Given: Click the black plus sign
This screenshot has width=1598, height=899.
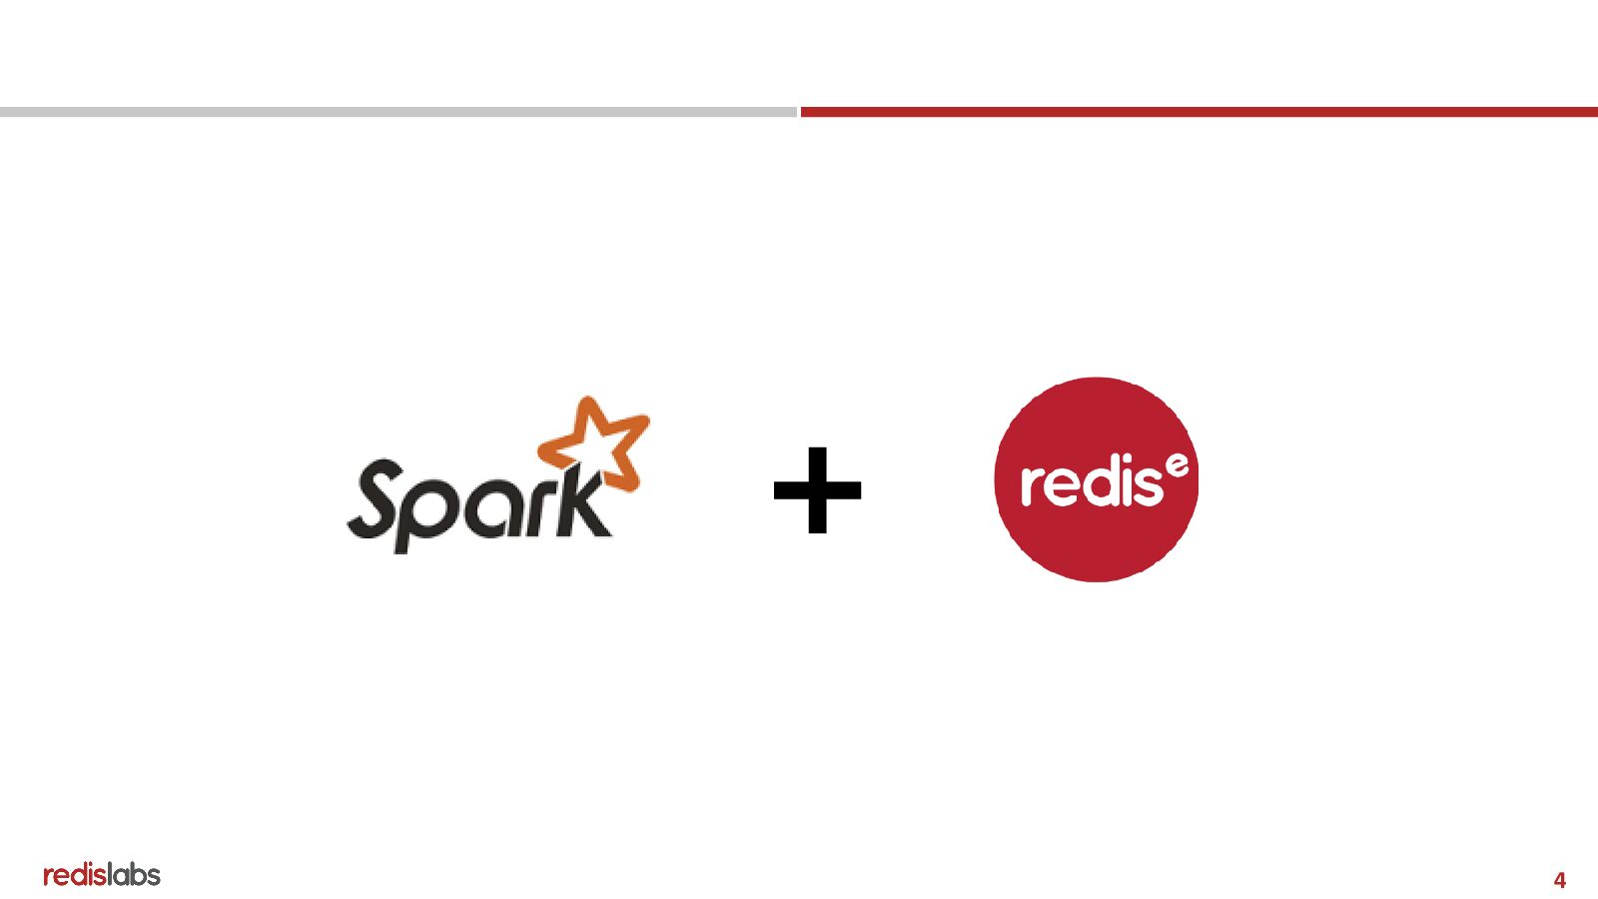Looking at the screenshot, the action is point(817,489).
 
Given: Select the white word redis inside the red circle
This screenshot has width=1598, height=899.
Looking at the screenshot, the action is point(1092,482).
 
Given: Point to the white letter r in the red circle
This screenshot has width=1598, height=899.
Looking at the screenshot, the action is point(1032,486).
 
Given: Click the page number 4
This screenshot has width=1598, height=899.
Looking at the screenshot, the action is point(1559,880).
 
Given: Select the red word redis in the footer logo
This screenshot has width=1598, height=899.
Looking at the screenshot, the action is point(75,875).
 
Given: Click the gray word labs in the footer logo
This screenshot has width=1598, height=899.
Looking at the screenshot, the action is point(134,875).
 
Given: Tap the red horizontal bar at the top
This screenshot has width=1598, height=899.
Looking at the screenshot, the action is point(1198,112).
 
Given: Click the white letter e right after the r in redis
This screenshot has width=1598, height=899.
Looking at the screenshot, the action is point(1061,486).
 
